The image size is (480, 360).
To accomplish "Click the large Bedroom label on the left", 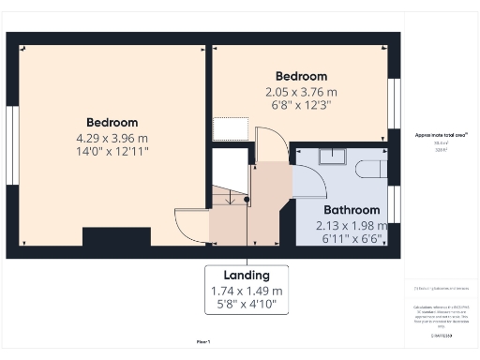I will tap(112, 123).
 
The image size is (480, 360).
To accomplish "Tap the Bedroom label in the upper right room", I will tap(301, 76).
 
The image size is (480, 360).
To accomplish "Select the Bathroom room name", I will tap(352, 210).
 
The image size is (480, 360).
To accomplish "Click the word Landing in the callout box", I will tap(247, 275).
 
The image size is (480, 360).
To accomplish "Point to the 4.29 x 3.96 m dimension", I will tap(112, 139).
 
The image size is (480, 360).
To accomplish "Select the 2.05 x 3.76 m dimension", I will tap(301, 92).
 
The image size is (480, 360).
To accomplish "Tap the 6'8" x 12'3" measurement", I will tap(301, 106).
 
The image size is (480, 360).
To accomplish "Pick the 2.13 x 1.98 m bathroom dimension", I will tap(352, 225).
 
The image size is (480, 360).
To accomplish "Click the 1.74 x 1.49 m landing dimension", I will tap(247, 291).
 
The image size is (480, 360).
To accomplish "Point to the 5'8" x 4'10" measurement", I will tap(247, 305).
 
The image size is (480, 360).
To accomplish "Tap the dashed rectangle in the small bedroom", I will tap(230, 128).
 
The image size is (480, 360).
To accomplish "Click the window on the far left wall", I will tap(11, 137).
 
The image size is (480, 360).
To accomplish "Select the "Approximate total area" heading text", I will tap(441, 135).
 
